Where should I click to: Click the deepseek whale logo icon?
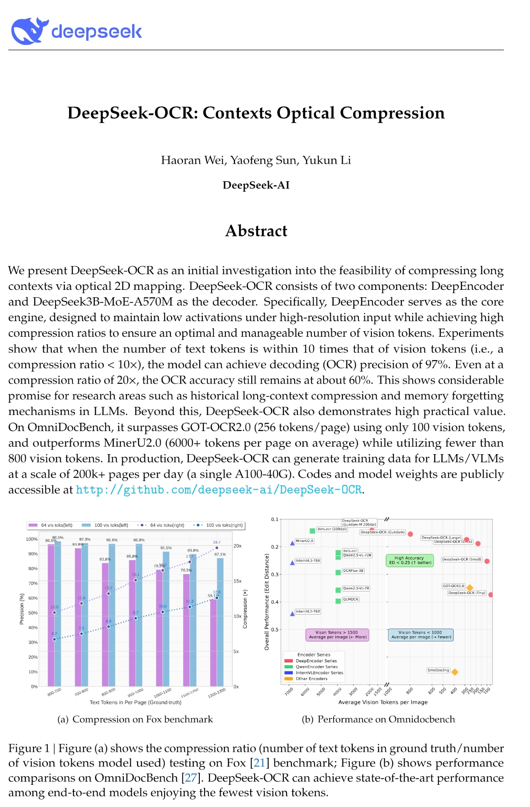(29, 31)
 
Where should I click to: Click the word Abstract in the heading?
(256, 231)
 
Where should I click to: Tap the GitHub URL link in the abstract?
(219, 490)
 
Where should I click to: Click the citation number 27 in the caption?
(191, 778)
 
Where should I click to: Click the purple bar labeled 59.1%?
(213, 643)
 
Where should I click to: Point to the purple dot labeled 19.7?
(217, 548)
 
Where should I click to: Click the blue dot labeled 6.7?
(54, 639)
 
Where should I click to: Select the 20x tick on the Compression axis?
(237, 546)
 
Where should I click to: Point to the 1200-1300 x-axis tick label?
(216, 693)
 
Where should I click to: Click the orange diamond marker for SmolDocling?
(455, 672)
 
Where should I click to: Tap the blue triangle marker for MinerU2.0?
(292, 543)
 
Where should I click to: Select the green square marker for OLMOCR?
(338, 601)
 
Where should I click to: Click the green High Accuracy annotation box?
(410, 560)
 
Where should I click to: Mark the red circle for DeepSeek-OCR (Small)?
(487, 561)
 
